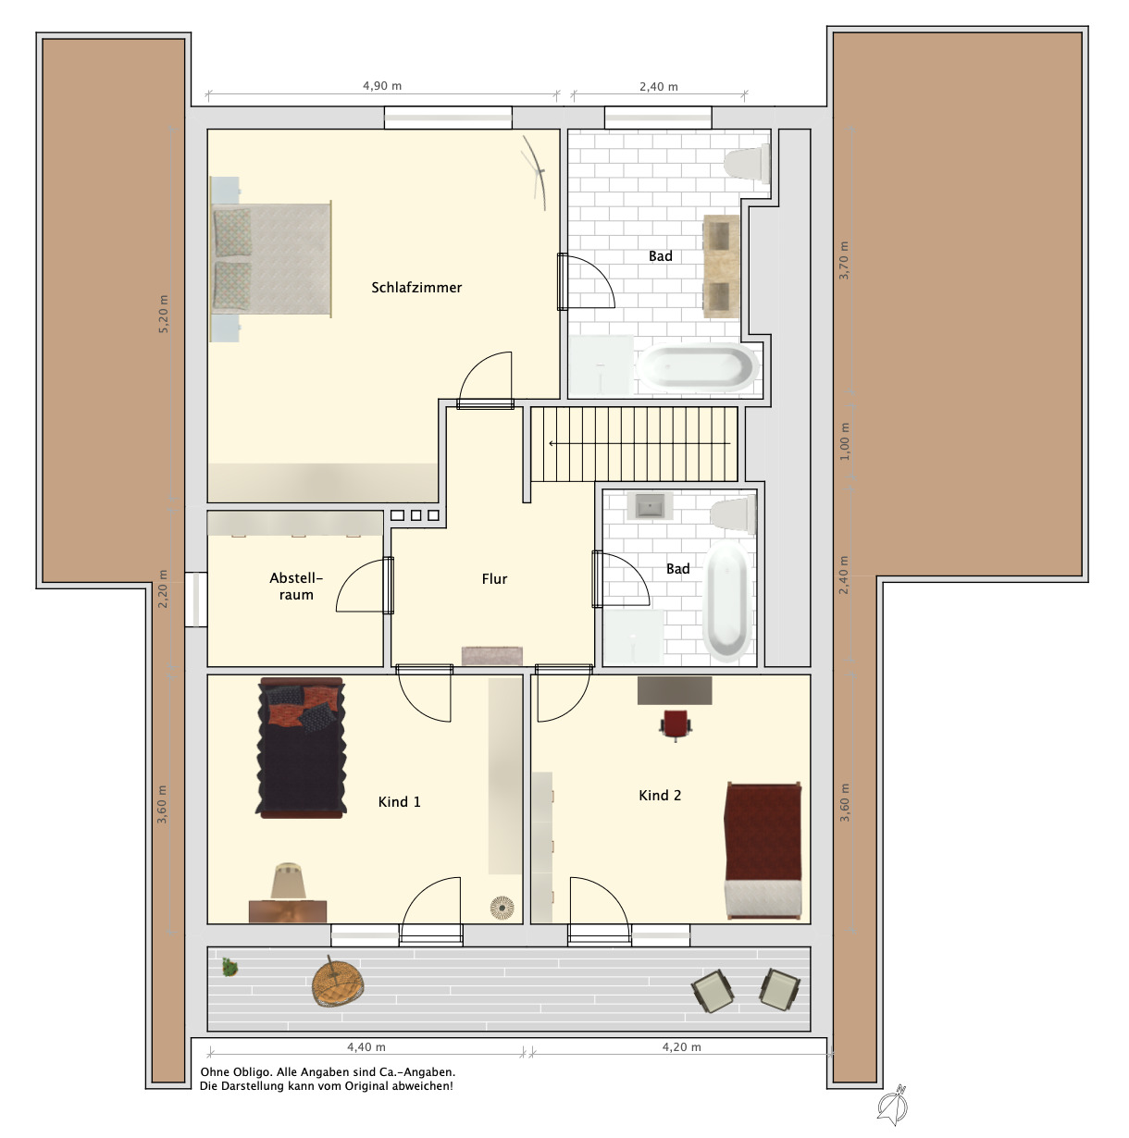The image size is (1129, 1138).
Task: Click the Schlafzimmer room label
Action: (416, 288)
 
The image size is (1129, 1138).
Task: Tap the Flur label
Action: (494, 579)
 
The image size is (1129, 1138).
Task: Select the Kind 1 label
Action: (399, 801)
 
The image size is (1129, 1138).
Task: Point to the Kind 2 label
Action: (659, 795)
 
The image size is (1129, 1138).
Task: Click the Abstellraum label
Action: (296, 586)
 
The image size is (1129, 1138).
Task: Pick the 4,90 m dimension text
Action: (381, 86)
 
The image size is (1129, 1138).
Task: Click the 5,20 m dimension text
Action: (163, 314)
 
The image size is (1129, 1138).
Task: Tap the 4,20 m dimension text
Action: (681, 1047)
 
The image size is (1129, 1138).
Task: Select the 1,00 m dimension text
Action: (844, 441)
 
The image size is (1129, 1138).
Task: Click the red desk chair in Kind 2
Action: (675, 724)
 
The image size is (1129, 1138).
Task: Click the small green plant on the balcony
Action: (230, 968)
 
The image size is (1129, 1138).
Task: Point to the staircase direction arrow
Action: (639, 443)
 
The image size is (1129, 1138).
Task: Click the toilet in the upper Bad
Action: (748, 163)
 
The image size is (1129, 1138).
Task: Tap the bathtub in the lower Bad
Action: (727, 601)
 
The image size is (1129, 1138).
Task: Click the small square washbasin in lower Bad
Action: (650, 506)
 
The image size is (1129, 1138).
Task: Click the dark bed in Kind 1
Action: (302, 748)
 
